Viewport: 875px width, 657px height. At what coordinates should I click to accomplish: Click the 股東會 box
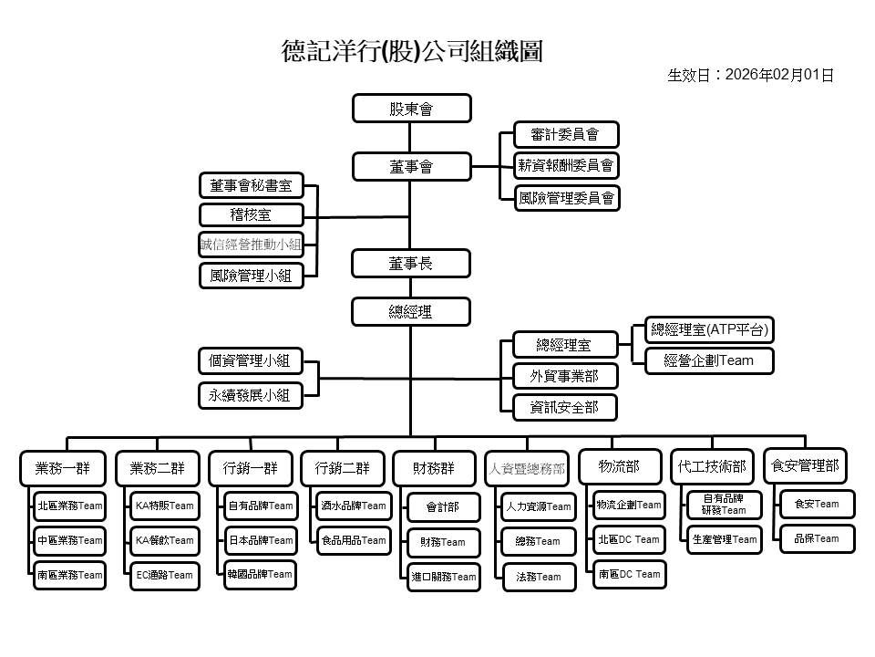[411, 109]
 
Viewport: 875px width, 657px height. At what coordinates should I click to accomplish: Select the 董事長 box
[411, 264]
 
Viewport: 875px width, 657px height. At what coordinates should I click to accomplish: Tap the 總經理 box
[411, 312]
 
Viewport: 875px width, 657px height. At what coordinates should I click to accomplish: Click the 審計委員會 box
[565, 135]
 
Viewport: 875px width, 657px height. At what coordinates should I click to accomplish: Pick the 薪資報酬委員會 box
[565, 165]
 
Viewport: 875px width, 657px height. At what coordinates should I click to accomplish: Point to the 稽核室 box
[251, 215]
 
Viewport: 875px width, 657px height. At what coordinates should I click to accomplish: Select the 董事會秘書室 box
[251, 186]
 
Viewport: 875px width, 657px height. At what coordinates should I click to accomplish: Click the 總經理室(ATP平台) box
[710, 329]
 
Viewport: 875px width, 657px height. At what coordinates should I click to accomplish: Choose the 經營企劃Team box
[710, 360]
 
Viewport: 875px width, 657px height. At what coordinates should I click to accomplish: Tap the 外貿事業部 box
[564, 376]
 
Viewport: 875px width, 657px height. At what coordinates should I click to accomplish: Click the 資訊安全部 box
[564, 407]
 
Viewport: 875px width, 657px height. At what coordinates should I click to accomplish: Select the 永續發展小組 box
[250, 395]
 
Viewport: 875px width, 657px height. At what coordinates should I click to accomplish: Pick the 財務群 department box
[433, 469]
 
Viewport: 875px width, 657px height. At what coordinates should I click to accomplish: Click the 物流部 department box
[619, 467]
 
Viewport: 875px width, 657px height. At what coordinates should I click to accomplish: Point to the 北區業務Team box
[70, 506]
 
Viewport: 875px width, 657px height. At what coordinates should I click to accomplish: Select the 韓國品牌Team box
[260, 574]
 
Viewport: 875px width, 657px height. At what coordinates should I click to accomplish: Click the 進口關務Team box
[444, 577]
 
